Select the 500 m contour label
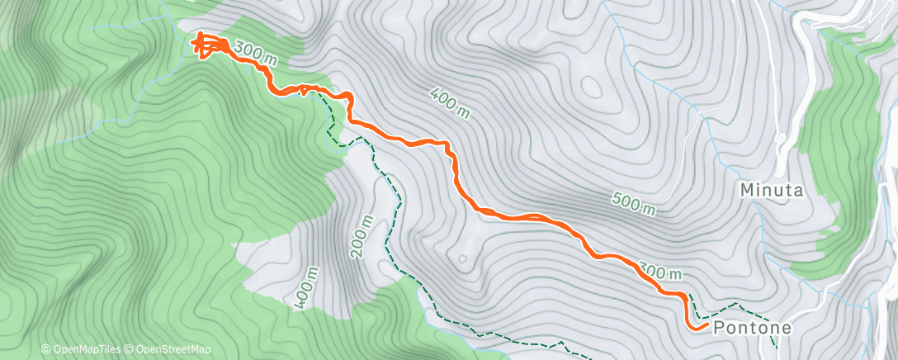(x=635, y=203)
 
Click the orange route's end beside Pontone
(x=698, y=328)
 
